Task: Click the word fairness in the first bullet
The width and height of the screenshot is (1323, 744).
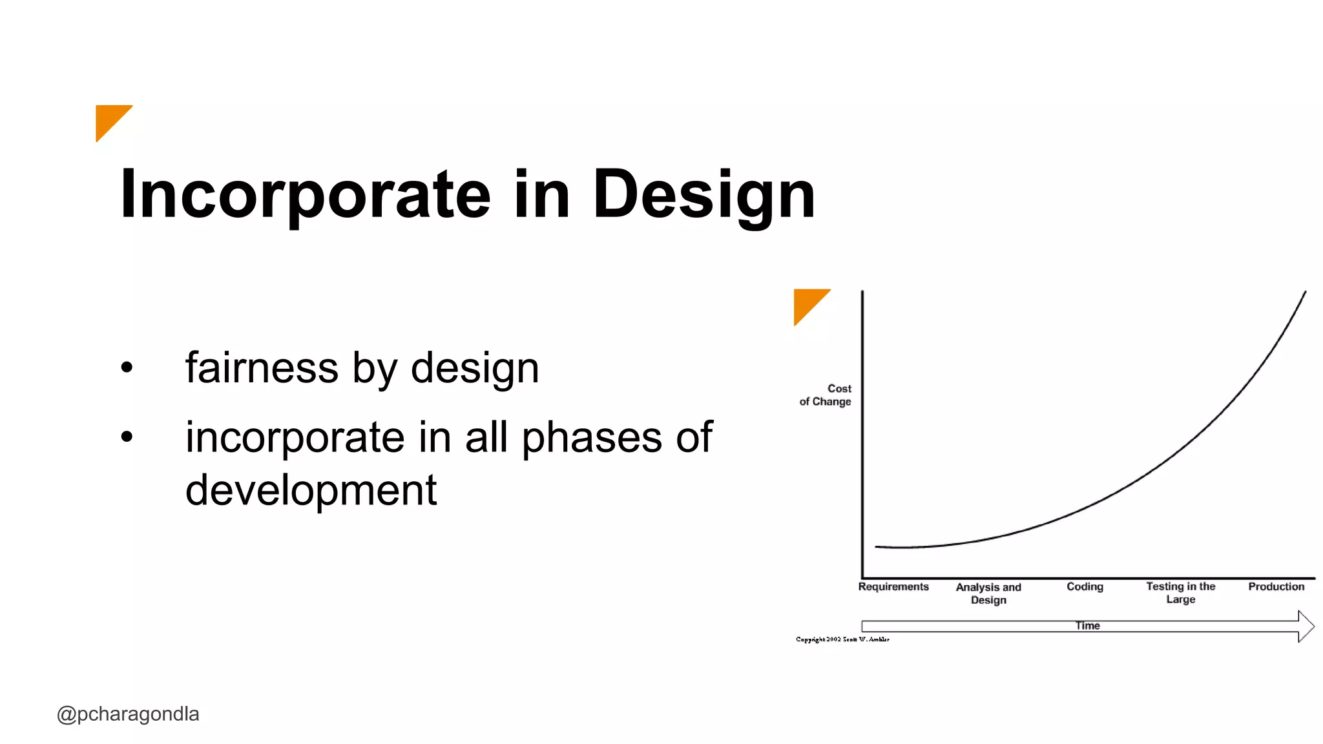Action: (261, 367)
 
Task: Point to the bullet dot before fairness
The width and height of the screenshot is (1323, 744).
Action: (127, 367)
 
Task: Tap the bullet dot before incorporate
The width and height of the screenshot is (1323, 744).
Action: (127, 437)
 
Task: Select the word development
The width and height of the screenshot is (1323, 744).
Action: (311, 490)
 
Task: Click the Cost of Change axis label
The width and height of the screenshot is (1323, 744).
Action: (826, 395)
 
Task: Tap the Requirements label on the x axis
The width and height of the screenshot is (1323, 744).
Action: (893, 586)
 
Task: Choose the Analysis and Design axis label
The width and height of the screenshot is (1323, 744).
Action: (988, 593)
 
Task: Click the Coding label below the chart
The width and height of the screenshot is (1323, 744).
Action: (1085, 586)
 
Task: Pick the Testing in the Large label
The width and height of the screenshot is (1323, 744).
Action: (1180, 592)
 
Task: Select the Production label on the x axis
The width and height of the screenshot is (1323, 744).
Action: (1276, 586)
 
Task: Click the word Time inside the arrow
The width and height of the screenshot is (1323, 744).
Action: (1087, 625)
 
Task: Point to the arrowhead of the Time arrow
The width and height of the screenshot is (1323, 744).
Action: (1306, 626)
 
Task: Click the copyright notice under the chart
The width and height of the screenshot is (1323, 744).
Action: (842, 639)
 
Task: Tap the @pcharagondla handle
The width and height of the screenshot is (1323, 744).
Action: (128, 714)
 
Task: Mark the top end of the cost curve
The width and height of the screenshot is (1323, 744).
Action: (1305, 293)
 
